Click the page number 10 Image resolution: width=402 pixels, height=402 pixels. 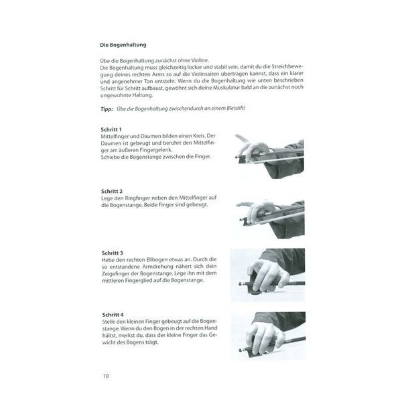pyautogui.click(x=106, y=376)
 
